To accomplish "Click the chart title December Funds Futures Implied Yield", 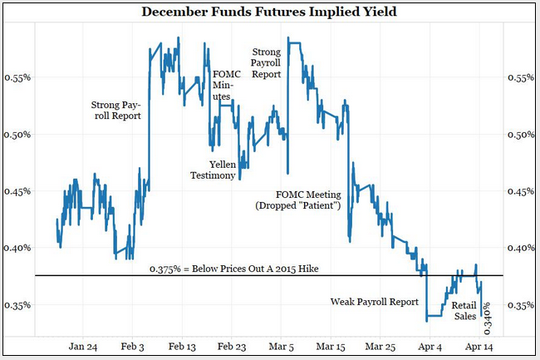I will (270, 12).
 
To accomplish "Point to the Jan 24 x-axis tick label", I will (83, 346).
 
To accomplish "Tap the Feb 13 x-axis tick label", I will (182, 346).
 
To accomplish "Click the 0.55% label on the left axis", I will (20, 77).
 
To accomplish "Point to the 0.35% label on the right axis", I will (520, 304).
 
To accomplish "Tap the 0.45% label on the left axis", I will (20, 190).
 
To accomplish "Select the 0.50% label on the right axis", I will (520, 134).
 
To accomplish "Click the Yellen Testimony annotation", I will (209, 169).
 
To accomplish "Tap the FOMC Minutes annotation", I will (223, 85).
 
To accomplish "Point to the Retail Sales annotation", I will (465, 310).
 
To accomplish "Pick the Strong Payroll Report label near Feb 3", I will (116, 111).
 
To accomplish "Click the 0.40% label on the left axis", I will (20, 248).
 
